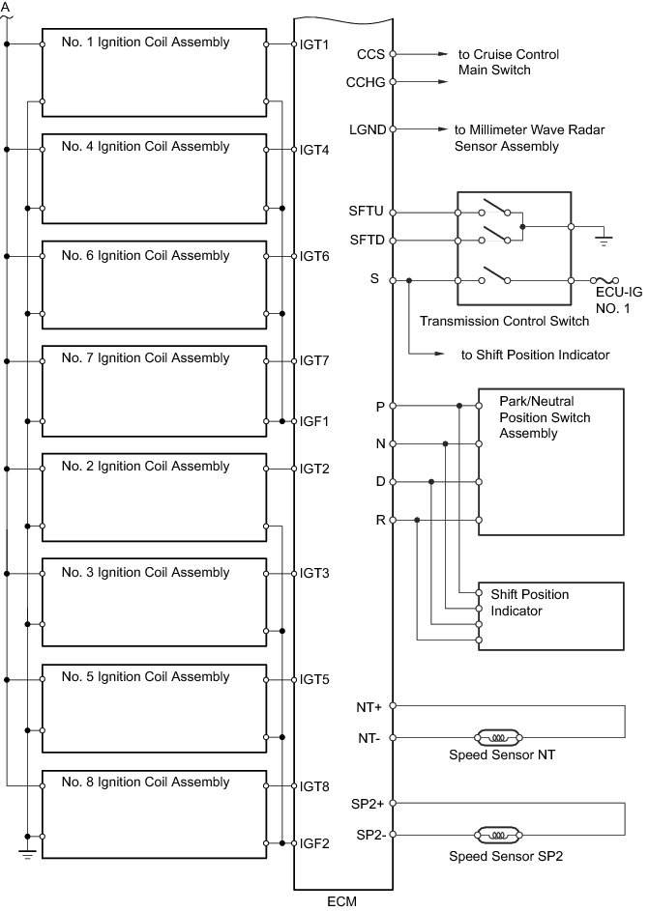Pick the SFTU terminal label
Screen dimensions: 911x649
click(366, 211)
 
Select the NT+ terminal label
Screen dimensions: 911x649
click(369, 707)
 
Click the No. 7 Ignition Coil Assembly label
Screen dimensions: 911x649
click(145, 358)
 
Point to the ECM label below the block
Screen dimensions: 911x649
click(343, 902)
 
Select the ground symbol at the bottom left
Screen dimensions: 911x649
click(28, 852)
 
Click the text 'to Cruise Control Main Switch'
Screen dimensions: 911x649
click(509, 63)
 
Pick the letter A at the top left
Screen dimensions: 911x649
click(7, 6)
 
